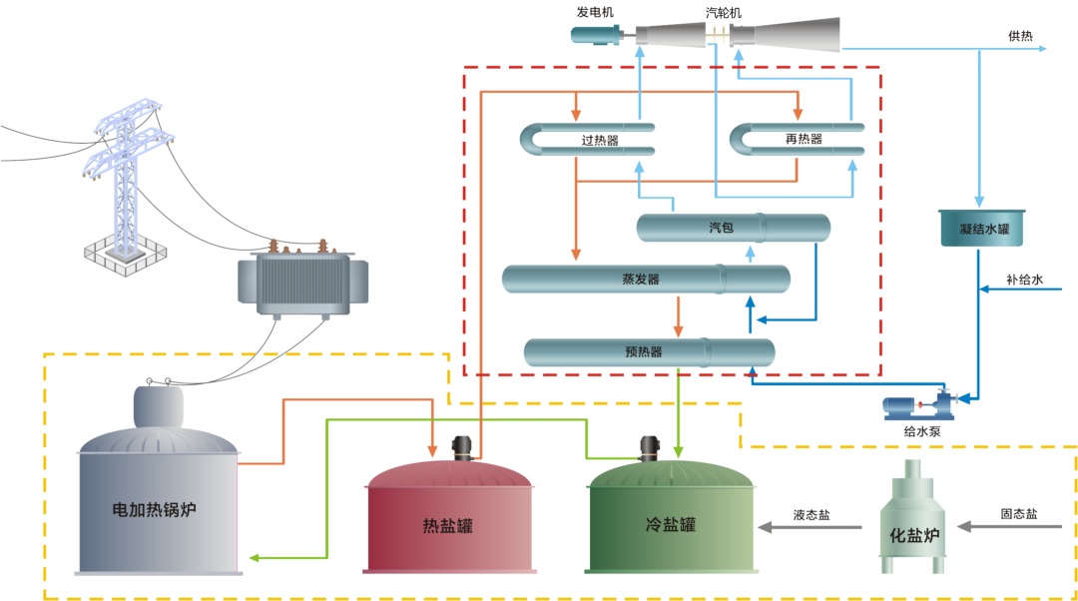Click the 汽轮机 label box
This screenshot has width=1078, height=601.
[723, 13]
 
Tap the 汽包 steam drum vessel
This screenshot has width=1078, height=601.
[733, 228]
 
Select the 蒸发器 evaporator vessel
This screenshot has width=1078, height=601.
[645, 279]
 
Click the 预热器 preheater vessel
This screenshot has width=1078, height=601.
[649, 351]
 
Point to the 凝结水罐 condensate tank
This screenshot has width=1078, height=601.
[984, 229]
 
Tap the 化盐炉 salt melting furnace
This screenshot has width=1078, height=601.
[914, 519]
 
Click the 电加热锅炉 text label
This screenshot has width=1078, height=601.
[155, 509]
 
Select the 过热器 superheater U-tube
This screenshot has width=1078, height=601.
[589, 139]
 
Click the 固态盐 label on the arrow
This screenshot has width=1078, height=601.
[1018, 514]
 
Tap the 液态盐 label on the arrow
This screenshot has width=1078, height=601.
[810, 515]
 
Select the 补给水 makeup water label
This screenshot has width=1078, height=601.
[1024, 281]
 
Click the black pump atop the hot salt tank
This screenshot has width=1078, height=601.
[462, 447]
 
